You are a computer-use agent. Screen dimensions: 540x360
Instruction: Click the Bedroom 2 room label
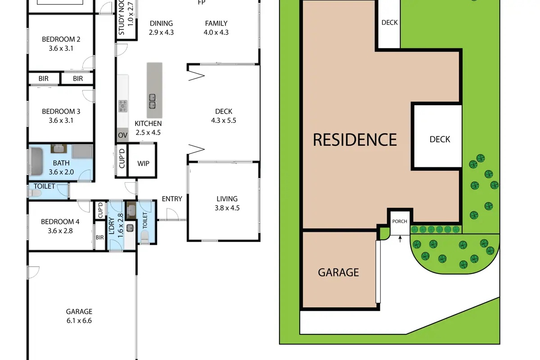[x=61, y=39]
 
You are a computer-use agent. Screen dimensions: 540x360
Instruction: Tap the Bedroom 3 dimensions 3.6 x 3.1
[x=61, y=120]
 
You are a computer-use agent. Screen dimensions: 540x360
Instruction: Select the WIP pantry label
[x=143, y=163]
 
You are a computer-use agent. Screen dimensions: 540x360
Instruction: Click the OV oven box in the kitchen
[x=123, y=135]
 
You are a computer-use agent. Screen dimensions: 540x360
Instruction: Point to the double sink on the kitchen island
[x=152, y=101]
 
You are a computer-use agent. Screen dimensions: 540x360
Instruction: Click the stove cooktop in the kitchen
[x=123, y=106]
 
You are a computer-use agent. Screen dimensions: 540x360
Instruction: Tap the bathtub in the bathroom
[x=36, y=161]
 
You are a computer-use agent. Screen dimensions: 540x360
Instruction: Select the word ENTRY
[x=172, y=199]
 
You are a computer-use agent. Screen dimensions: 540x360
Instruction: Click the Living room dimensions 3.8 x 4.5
[x=227, y=208]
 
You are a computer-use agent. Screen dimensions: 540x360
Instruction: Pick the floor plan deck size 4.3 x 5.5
[x=224, y=120]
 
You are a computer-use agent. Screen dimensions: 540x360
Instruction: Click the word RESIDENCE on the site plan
[x=355, y=139]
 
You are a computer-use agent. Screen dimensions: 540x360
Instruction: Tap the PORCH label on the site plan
[x=400, y=221]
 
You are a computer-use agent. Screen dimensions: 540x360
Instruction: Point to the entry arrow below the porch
[x=400, y=238]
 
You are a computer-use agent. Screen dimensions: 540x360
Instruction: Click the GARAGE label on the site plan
[x=338, y=272]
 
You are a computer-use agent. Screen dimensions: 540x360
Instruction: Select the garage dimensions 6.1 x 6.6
[x=79, y=321]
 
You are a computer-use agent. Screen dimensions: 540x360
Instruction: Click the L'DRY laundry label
[x=112, y=226]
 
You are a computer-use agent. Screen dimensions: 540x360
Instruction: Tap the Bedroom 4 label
[x=60, y=222]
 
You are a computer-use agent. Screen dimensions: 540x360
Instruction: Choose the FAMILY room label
[x=216, y=23]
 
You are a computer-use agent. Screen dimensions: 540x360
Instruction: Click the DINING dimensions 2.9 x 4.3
[x=161, y=32]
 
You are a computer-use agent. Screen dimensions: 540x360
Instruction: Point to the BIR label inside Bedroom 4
[x=99, y=238]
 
